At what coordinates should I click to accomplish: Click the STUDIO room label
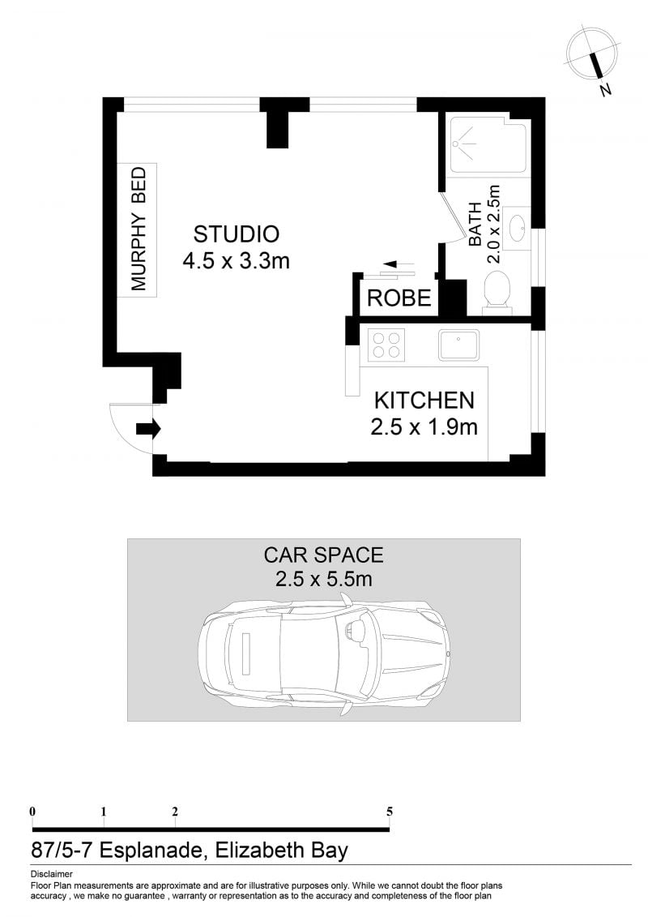click(x=236, y=234)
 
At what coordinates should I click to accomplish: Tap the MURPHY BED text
click(x=138, y=229)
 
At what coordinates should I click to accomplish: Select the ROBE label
click(x=399, y=298)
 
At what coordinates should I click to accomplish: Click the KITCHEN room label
click(x=424, y=401)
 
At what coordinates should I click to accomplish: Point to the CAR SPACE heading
click(x=324, y=555)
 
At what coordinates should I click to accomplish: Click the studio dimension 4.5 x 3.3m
click(x=236, y=260)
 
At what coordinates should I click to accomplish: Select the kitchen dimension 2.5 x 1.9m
click(x=424, y=427)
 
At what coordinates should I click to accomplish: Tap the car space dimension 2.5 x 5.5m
click(x=324, y=579)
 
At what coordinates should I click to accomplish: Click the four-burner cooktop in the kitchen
click(x=386, y=345)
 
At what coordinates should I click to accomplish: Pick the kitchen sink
click(x=459, y=345)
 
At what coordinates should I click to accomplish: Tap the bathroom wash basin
click(x=517, y=228)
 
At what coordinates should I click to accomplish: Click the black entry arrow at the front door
click(x=148, y=429)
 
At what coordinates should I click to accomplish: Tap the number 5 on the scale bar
click(x=389, y=811)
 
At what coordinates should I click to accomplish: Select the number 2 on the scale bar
click(x=175, y=811)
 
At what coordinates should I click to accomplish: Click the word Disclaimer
click(x=52, y=874)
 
